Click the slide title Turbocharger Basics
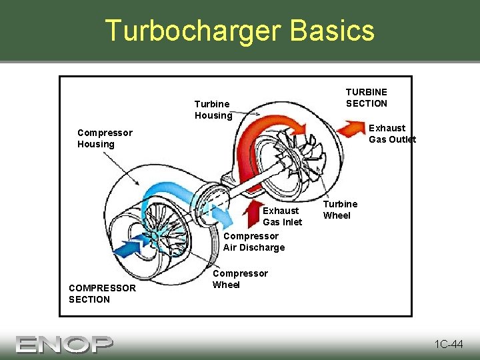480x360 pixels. (239, 31)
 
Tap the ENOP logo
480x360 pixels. (65, 344)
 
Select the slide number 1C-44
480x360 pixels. (448, 344)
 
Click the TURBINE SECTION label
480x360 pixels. (366, 97)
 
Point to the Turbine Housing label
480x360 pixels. (213, 109)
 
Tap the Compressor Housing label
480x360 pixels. (105, 138)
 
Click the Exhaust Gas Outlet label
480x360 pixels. (392, 133)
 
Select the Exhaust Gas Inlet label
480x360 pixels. (282, 216)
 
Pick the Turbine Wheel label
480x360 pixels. (340, 209)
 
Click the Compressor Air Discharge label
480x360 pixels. (253, 241)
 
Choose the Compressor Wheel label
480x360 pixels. (239, 279)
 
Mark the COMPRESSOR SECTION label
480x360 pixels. (102, 293)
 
